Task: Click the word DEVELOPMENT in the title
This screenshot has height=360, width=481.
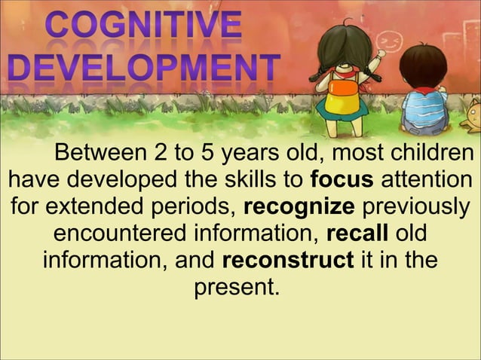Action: [x=142, y=69]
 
